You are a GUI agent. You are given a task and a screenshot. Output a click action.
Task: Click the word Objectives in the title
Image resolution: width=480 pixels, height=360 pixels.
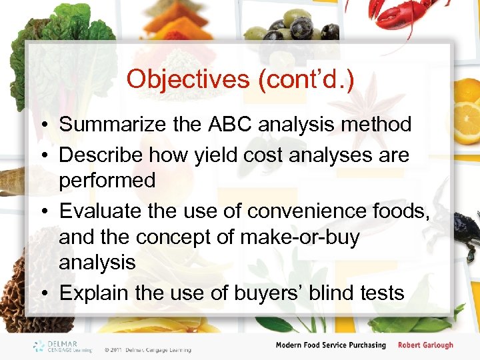188,79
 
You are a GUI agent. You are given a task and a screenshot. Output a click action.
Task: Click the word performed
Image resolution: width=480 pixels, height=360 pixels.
107,181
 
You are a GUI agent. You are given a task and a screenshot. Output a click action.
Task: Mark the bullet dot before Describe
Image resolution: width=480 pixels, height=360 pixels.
43,155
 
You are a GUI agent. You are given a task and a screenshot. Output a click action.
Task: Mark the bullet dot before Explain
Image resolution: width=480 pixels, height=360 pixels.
43,293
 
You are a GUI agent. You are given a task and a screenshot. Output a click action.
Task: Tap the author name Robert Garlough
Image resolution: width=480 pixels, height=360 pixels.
425,345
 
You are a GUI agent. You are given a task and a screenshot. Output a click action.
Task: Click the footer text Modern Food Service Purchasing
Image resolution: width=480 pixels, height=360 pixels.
331,345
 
